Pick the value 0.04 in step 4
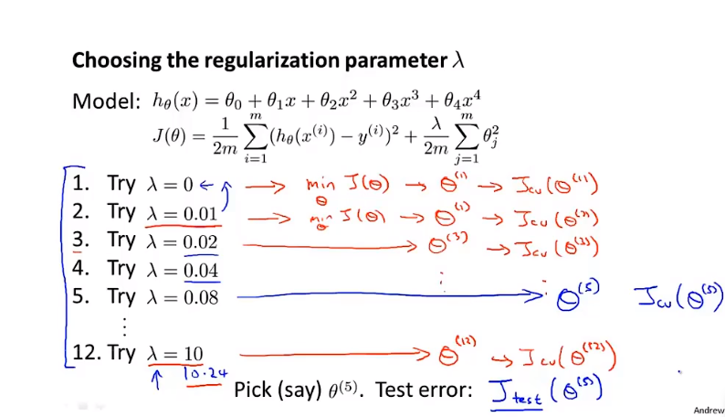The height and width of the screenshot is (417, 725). pyautogui.click(x=199, y=271)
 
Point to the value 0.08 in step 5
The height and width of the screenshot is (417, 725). pyautogui.click(x=199, y=297)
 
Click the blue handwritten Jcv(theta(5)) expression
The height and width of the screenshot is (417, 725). pyautogui.click(x=678, y=297)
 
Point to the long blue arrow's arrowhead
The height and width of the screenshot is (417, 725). pyautogui.click(x=539, y=294)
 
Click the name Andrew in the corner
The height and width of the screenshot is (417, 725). pyautogui.click(x=709, y=411)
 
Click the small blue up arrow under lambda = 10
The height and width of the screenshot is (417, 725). pyautogui.click(x=156, y=378)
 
